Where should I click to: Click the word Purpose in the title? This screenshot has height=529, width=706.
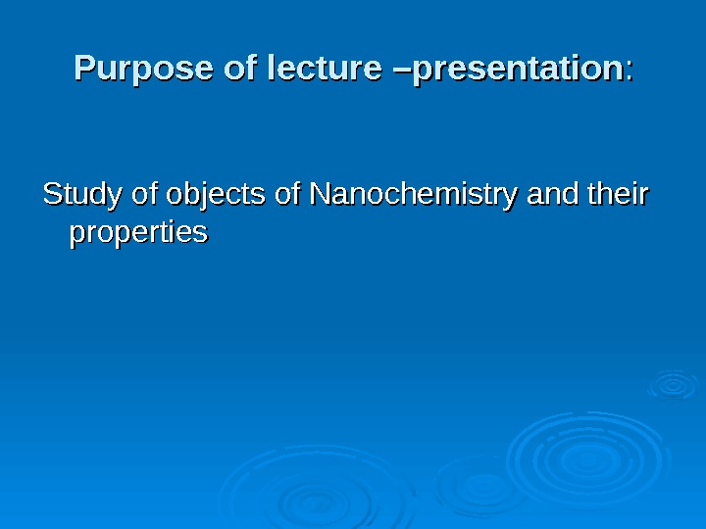click(x=129, y=70)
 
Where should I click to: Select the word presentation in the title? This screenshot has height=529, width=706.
click(x=520, y=70)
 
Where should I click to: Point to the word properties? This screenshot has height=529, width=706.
click(x=137, y=234)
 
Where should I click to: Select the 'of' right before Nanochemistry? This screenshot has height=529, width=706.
click(x=288, y=196)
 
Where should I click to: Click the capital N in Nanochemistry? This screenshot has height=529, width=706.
click(x=319, y=196)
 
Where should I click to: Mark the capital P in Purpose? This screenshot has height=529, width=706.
click(x=86, y=70)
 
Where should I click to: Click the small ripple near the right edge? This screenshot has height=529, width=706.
click(x=673, y=384)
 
